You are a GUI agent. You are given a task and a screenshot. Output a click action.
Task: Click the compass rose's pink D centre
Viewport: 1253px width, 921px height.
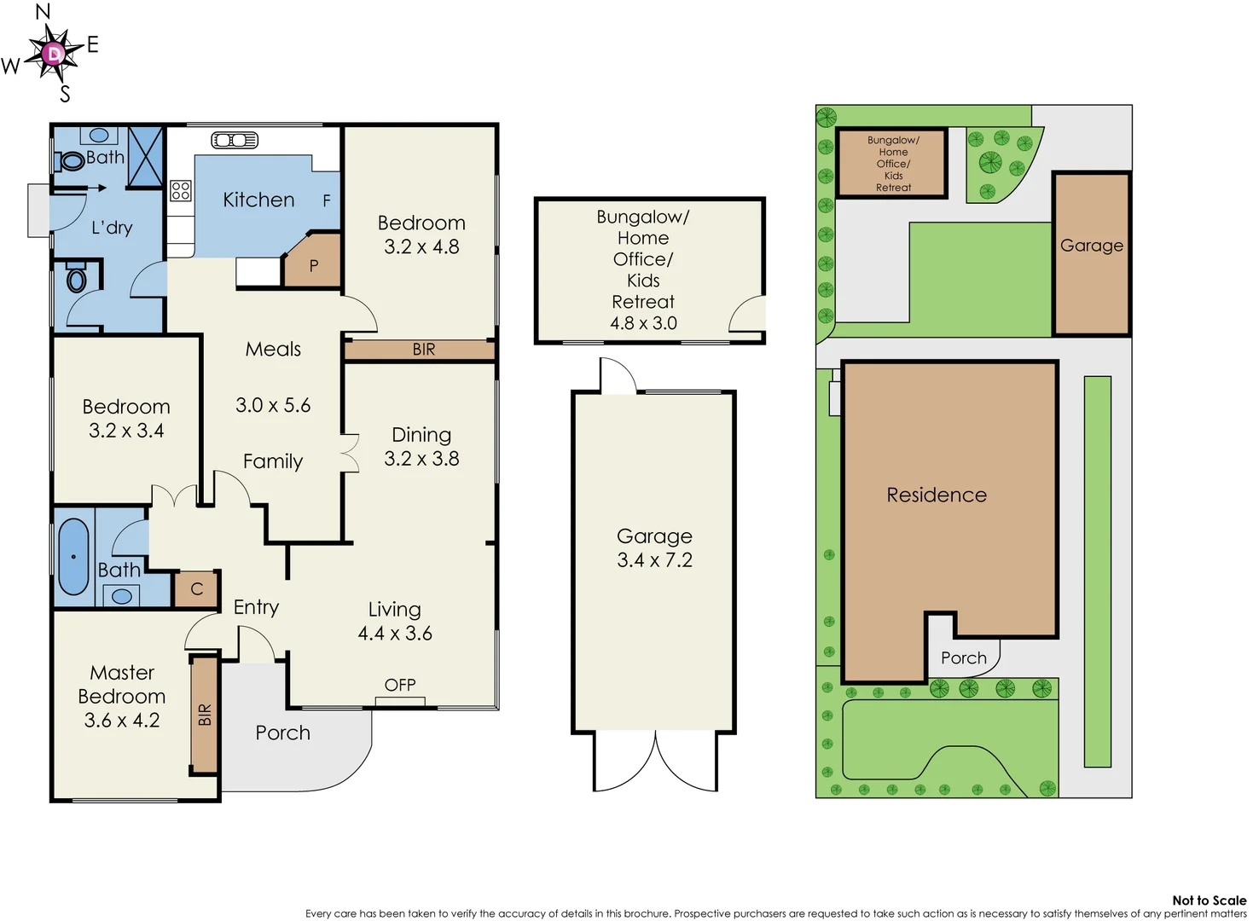[x=54, y=55]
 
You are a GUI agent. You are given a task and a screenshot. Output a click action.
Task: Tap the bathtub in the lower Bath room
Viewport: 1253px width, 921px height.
[x=73, y=556]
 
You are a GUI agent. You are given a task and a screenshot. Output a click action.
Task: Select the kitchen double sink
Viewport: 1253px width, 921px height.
[x=235, y=140]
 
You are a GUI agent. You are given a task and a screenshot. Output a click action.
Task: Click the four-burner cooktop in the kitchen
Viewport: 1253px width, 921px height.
[x=180, y=190]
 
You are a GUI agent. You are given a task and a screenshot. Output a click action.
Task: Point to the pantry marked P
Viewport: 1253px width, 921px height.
[x=313, y=265]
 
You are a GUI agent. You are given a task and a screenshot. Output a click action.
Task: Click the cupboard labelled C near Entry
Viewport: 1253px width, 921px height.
[x=197, y=589]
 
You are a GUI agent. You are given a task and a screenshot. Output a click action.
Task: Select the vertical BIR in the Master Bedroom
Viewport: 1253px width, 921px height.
[x=205, y=715]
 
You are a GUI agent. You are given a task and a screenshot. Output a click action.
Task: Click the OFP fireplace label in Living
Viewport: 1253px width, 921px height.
[x=400, y=685]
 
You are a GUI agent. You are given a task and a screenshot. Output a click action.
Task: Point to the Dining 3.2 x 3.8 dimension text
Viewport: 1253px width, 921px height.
[x=421, y=459]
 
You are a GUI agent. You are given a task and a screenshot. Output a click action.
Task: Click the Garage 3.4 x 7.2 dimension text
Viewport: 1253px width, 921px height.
[x=654, y=560]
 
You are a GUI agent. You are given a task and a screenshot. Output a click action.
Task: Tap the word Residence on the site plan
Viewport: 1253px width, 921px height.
[x=937, y=495]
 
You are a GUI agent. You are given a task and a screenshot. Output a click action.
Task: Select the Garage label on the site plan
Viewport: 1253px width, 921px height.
[x=1091, y=246]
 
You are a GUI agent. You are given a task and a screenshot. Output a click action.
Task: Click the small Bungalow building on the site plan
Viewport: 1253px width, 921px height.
[x=892, y=163]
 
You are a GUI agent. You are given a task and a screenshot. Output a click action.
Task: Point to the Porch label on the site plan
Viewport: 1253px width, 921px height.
[x=963, y=657]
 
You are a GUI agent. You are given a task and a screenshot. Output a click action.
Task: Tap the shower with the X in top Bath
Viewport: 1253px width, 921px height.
[x=145, y=156]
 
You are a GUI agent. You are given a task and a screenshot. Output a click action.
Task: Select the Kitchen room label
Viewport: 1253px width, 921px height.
[x=258, y=200]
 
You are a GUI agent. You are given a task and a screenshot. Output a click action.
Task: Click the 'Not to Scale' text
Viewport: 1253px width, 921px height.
[x=1209, y=900]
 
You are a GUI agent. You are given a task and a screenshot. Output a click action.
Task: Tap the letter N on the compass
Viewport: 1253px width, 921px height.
[x=43, y=12]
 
